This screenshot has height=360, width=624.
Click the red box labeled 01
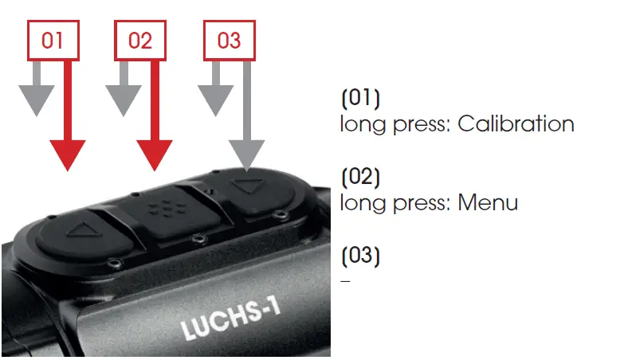click(53, 41)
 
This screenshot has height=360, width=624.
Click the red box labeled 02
click(140, 41)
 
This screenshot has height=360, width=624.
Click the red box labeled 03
click(229, 41)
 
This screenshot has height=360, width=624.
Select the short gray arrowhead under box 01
click(33, 100)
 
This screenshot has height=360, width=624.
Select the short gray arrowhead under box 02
click(123, 100)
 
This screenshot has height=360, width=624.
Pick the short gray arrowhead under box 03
click(214, 100)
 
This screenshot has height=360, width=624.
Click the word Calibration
click(516, 125)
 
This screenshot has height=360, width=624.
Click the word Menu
click(488, 203)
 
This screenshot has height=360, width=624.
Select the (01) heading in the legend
click(360, 100)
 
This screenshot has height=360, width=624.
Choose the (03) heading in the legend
click(360, 256)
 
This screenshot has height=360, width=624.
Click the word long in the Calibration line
click(358, 125)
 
